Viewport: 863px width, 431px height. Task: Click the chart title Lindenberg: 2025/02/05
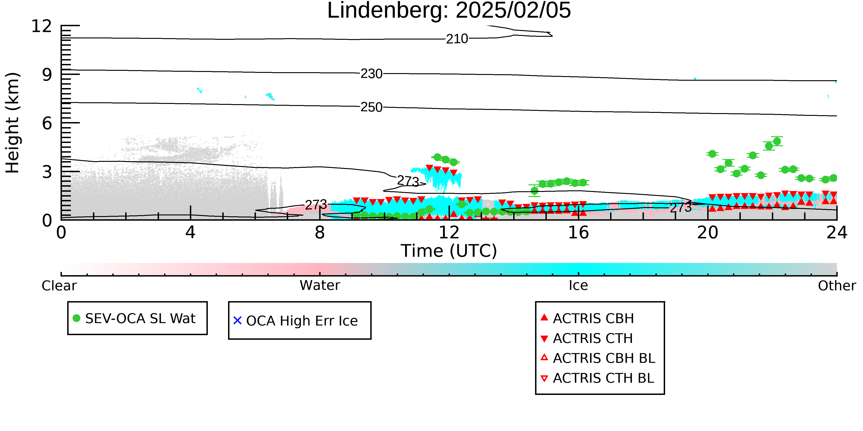click(449, 11)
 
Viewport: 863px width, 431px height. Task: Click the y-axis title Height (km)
click(13, 123)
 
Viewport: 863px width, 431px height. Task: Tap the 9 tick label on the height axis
click(47, 75)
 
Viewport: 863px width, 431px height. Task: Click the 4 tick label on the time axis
click(190, 233)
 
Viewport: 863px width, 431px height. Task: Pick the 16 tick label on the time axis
click(578, 233)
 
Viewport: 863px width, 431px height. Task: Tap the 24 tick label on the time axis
click(837, 233)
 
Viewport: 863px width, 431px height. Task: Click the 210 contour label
click(457, 39)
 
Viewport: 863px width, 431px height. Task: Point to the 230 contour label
click(371, 74)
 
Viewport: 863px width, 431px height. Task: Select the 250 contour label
click(371, 107)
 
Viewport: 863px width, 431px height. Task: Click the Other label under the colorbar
click(837, 286)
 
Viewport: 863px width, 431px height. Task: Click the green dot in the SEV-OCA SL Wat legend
click(76, 318)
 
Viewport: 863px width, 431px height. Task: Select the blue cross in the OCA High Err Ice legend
click(237, 321)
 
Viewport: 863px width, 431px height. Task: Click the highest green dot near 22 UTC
click(777, 141)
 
